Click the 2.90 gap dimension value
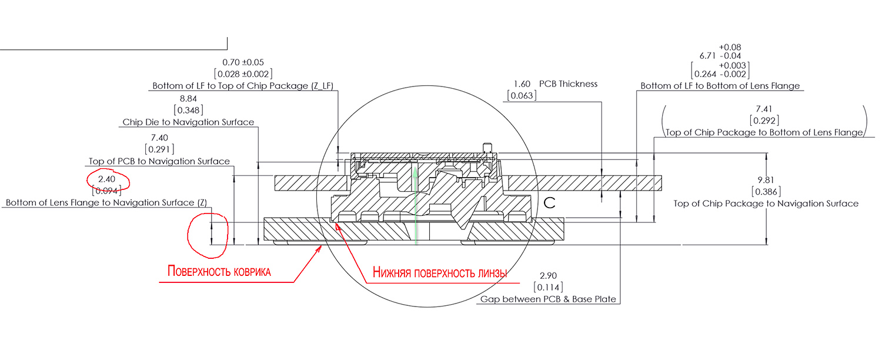click(548, 275)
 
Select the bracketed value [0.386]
click(766, 192)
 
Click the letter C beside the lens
click(550, 204)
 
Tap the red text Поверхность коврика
click(219, 272)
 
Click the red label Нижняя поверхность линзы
click(440, 272)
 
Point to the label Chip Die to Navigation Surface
click(188, 122)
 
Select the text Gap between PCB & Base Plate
click(548, 299)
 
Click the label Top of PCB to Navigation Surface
click(159, 161)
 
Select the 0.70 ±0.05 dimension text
click(243, 62)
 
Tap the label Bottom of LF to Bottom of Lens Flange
click(720, 86)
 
